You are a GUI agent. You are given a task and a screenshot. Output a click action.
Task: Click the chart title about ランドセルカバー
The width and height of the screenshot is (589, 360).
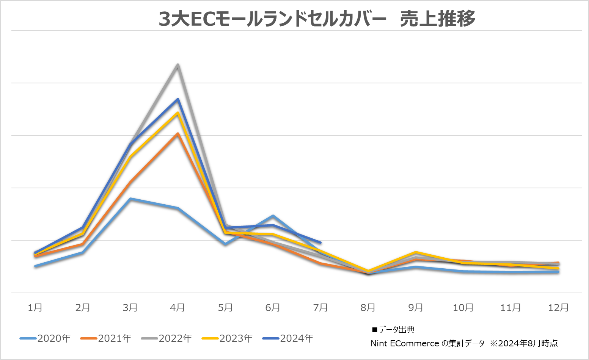click(317, 19)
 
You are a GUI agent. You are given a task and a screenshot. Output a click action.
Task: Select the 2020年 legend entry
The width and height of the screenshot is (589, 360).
click(46, 338)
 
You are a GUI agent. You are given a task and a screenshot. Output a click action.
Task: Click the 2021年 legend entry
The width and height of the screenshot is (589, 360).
click(106, 338)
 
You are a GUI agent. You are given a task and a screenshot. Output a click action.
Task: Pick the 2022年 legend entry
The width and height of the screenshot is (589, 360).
click(167, 338)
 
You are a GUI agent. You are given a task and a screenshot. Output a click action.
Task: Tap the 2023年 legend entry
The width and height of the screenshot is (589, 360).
click(228, 338)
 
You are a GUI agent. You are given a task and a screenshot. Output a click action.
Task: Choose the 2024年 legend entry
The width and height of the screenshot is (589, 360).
click(288, 338)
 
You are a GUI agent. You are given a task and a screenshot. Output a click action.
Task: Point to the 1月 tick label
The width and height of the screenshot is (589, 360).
click(35, 307)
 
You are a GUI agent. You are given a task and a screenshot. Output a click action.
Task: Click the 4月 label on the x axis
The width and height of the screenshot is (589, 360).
click(177, 307)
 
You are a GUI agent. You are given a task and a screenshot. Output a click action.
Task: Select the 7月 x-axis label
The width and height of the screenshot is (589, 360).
click(320, 307)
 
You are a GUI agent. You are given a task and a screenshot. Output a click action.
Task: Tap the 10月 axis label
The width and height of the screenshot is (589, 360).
click(463, 307)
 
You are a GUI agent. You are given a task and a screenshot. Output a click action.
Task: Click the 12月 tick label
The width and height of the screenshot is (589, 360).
click(558, 307)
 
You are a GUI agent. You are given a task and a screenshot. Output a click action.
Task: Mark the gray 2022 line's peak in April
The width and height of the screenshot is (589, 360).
click(177, 65)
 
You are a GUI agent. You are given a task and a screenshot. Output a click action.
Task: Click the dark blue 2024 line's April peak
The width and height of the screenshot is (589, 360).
click(177, 99)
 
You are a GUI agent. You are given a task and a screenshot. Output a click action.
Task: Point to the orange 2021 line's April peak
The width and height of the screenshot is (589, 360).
click(177, 134)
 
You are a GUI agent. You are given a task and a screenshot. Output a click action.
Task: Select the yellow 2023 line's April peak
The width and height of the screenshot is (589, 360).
click(177, 113)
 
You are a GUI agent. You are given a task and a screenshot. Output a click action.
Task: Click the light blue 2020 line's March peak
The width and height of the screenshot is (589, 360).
click(130, 199)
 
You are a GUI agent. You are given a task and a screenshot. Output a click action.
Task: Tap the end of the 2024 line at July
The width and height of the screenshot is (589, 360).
click(320, 243)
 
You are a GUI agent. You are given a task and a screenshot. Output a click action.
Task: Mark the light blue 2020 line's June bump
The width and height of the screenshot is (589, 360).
click(273, 216)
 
